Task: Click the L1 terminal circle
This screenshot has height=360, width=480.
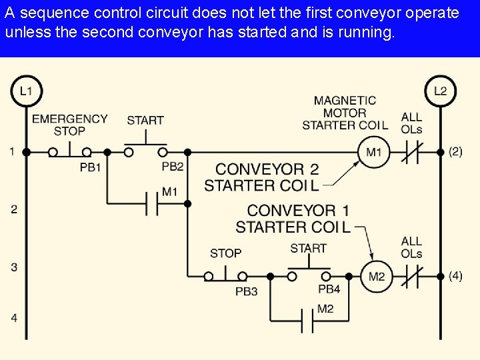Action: pyautogui.click(x=26, y=91)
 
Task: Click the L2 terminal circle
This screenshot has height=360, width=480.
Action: pyautogui.click(x=440, y=91)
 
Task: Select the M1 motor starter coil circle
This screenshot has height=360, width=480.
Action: pyautogui.click(x=373, y=152)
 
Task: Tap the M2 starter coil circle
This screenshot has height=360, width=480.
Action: pyautogui.click(x=377, y=275)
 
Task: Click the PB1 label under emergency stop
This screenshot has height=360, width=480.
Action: pyautogui.click(x=90, y=167)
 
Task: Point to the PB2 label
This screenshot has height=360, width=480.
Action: pyautogui.click(x=173, y=167)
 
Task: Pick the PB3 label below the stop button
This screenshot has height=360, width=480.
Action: pyautogui.click(x=246, y=291)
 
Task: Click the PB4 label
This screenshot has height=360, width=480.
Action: pyautogui.click(x=329, y=289)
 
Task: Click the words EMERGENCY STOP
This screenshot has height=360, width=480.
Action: pyautogui.click(x=69, y=125)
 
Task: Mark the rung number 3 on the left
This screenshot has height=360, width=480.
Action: pyautogui.click(x=14, y=267)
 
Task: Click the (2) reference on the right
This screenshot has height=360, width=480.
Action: pyautogui.click(x=455, y=151)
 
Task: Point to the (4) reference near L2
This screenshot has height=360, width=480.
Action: pyautogui.click(x=455, y=275)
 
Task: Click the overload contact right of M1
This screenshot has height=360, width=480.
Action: pyautogui.click(x=411, y=152)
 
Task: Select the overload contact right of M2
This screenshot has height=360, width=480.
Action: pyautogui.click(x=411, y=275)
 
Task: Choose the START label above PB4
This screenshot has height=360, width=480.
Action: pyautogui.click(x=308, y=249)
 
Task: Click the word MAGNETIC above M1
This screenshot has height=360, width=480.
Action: pyautogui.click(x=345, y=101)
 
